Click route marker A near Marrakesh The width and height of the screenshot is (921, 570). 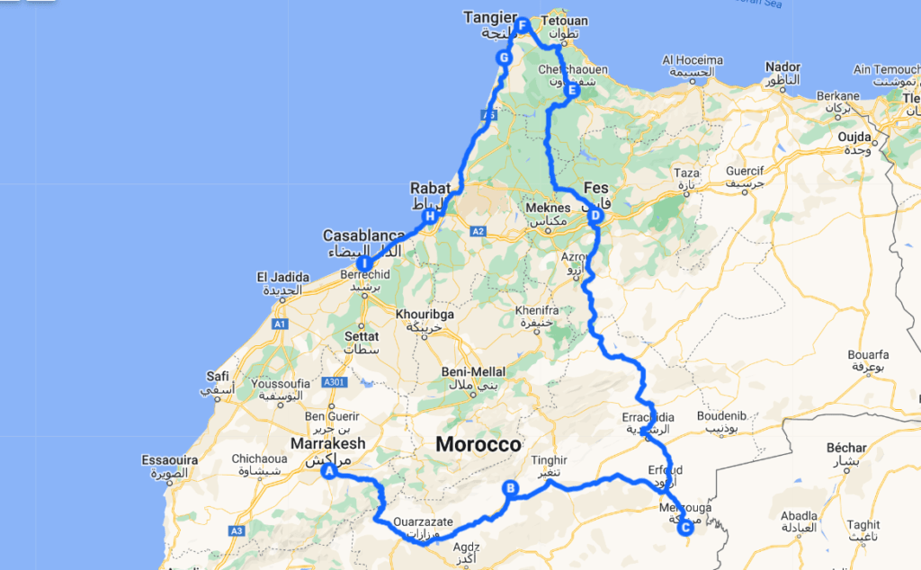[329, 469]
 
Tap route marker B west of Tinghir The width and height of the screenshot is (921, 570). [510, 489]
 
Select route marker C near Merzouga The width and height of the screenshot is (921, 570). [685, 527]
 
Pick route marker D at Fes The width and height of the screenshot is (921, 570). [595, 217]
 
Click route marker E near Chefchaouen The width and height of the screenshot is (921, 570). [571, 90]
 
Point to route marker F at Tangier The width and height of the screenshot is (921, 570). [522, 24]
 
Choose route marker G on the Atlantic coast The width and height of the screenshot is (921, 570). [504, 58]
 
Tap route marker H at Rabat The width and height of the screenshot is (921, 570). [430, 216]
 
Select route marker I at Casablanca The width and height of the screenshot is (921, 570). [365, 263]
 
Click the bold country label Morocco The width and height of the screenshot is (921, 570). [478, 444]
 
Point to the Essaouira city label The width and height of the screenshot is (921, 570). [169, 459]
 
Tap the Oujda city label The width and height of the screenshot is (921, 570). [855, 137]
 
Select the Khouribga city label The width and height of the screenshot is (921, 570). [427, 316]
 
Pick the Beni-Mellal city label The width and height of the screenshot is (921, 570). [474, 372]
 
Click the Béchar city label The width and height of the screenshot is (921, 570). [846, 447]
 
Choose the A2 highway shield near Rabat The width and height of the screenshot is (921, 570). [477, 231]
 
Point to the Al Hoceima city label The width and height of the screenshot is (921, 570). [693, 60]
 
